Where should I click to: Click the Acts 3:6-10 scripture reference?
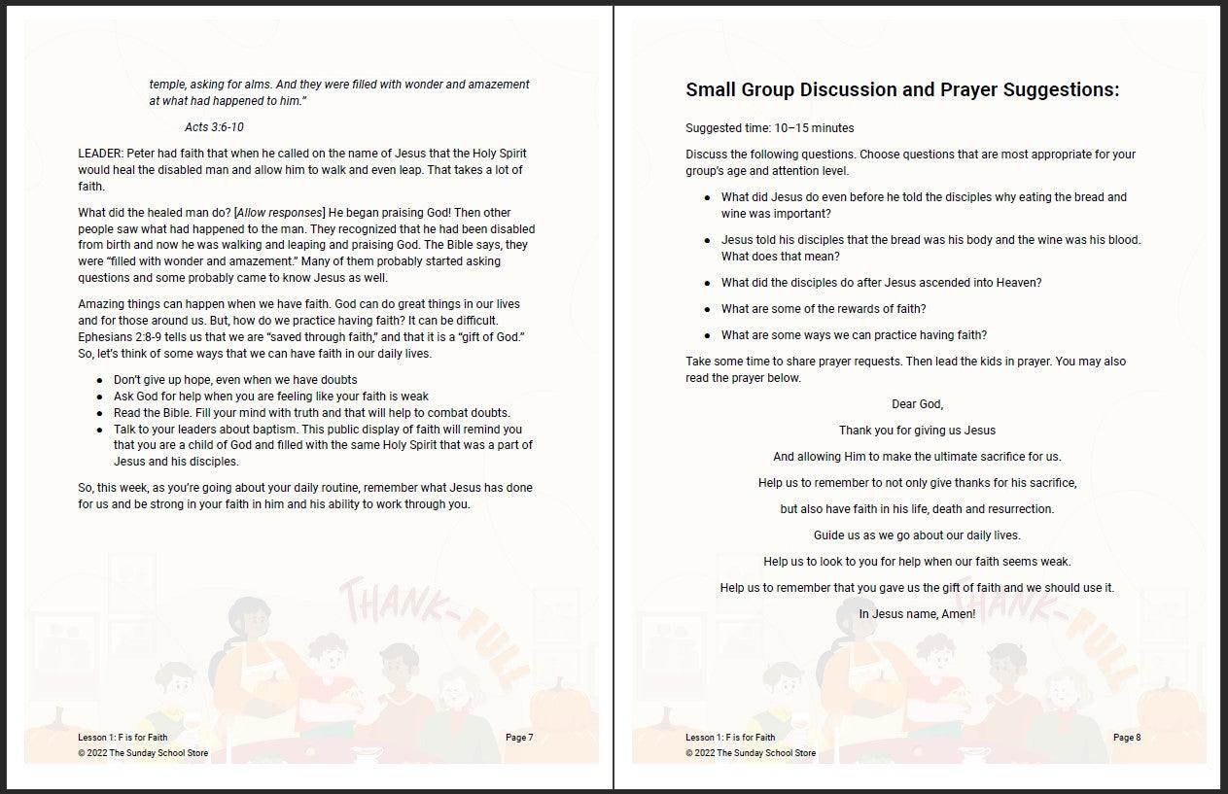214,127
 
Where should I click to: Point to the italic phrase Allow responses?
280,213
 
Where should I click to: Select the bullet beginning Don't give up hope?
235,380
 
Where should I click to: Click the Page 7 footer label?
519,738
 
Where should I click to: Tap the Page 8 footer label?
1127,738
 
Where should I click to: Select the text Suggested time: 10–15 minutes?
769,128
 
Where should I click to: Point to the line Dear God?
917,404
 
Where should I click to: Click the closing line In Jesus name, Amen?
917,614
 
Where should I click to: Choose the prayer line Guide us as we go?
917,535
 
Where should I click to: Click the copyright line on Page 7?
143,753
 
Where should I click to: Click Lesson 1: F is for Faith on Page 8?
730,738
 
